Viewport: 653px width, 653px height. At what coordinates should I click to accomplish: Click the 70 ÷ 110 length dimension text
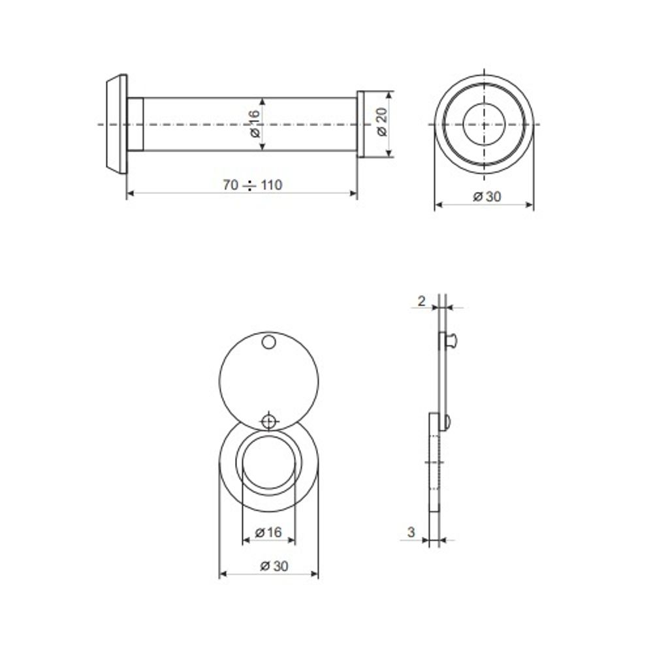(x=252, y=185)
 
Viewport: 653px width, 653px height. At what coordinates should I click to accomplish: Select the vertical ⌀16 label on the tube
(x=254, y=123)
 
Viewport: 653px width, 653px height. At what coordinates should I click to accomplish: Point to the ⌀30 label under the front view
(x=485, y=196)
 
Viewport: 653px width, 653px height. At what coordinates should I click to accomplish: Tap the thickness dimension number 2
(x=421, y=301)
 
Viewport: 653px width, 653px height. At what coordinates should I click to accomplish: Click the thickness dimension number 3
(x=411, y=532)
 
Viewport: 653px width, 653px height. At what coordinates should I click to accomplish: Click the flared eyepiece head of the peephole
(x=115, y=123)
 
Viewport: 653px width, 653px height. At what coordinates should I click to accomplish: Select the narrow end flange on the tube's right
(x=360, y=123)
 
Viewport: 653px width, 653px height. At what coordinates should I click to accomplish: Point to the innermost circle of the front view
(x=484, y=123)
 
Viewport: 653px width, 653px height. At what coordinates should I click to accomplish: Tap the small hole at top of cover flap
(x=268, y=342)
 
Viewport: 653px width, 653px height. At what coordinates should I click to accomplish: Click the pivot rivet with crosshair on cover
(x=268, y=421)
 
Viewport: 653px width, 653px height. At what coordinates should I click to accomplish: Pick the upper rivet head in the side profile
(x=451, y=340)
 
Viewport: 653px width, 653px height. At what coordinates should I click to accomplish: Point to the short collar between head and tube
(x=135, y=123)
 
